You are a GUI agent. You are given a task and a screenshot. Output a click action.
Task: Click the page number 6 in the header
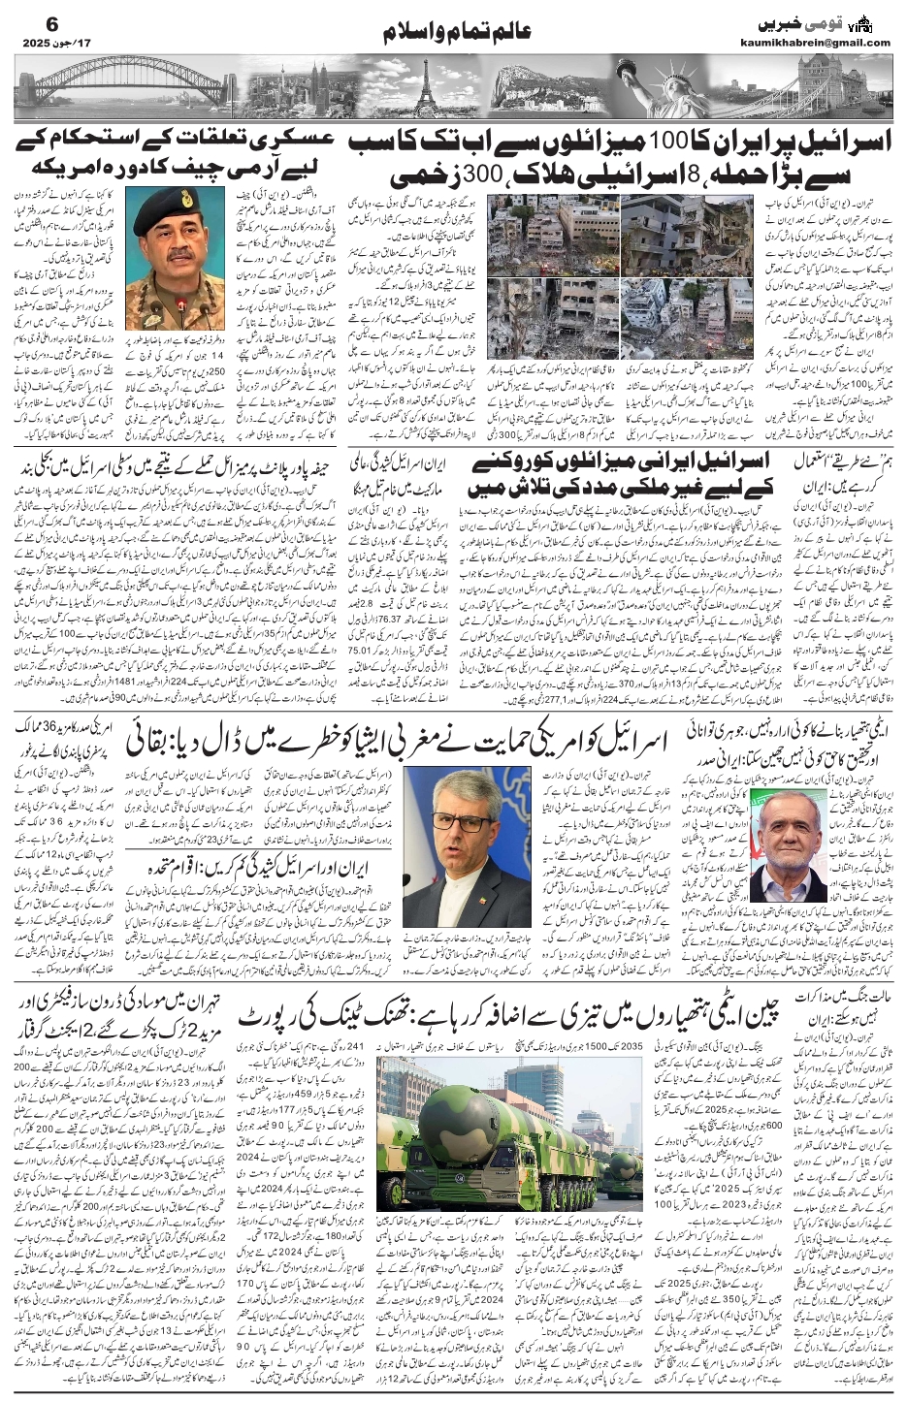pyautogui.click(x=26, y=20)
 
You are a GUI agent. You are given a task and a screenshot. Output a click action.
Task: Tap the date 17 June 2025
pyautogui.click(x=48, y=42)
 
